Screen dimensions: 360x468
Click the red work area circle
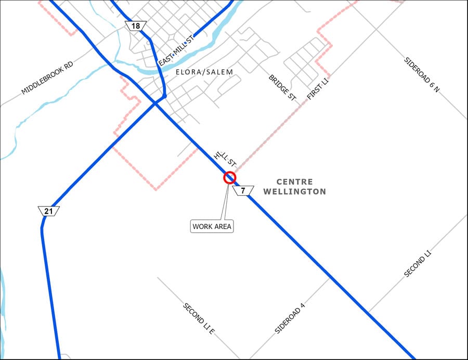click(x=229, y=178)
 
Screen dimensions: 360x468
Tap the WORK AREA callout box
click(x=212, y=226)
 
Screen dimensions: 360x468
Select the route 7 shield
click(x=243, y=191)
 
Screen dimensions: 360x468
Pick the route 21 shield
click(x=48, y=211)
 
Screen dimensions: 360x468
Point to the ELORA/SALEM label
click(x=204, y=72)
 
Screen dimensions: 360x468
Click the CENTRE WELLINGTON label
click(x=294, y=187)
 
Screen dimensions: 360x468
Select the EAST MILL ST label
click(x=176, y=50)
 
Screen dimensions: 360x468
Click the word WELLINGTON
click(x=294, y=191)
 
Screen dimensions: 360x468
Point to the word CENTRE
click(x=294, y=182)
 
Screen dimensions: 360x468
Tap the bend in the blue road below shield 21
click(x=43, y=225)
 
